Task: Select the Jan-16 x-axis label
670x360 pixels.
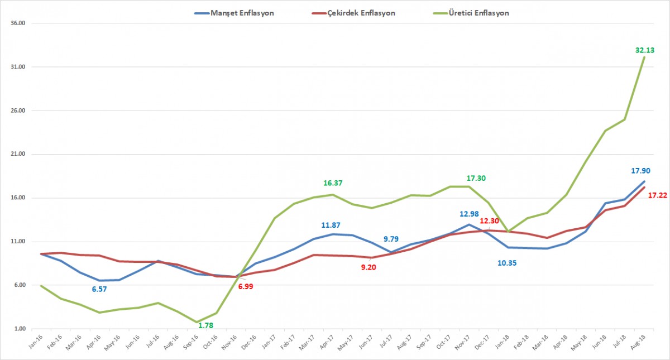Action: [x=36, y=342]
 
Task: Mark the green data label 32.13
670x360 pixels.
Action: [x=644, y=50]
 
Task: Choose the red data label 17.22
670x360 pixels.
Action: [x=659, y=196]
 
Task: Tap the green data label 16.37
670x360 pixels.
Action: [x=333, y=183]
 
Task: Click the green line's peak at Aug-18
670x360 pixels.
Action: [x=645, y=57]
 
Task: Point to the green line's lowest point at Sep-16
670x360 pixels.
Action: [x=197, y=322]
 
